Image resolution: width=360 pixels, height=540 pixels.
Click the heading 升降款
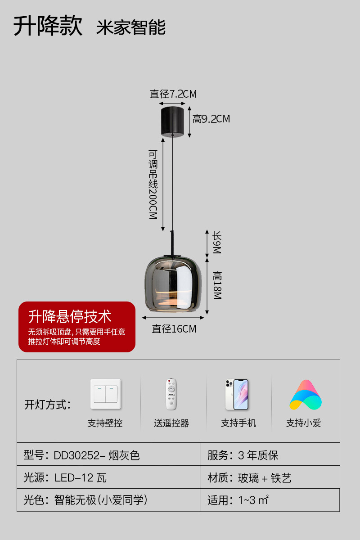tap(48, 26)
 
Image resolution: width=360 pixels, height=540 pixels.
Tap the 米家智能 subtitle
tap(131, 27)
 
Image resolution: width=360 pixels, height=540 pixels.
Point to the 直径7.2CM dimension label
tap(173, 94)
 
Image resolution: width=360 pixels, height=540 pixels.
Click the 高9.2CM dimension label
tap(211, 119)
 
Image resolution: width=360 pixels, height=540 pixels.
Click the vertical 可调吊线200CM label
tap(153, 184)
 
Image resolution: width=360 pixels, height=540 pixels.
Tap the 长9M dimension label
tap(217, 243)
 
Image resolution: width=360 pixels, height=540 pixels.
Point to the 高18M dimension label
tap(217, 285)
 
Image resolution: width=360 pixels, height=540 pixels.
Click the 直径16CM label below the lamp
tap(174, 329)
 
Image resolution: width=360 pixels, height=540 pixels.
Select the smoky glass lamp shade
tap(173, 284)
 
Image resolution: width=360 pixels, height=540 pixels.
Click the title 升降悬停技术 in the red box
tap(70, 316)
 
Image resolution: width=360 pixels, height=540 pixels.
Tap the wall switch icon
tap(106, 394)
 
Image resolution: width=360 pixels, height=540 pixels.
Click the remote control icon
tap(171, 394)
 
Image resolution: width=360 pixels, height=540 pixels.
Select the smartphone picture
tap(237, 394)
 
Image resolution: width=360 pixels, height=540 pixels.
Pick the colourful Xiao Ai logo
tap(306, 395)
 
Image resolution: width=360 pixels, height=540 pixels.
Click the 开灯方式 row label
tap(48, 405)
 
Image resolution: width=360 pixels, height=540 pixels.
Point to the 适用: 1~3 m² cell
tap(270, 500)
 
